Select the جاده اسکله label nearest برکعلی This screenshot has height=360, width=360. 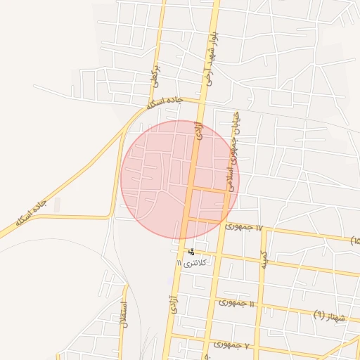pos(165,103)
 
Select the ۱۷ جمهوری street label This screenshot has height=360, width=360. pos(243,227)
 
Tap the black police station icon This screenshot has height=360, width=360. pos(191,252)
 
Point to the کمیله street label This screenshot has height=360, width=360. pos(264,261)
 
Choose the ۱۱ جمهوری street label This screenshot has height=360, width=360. pos(236,302)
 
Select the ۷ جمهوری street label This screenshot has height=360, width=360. pos(232,345)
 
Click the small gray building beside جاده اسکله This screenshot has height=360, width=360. pos(57,205)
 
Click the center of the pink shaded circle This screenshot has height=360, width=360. pos(180,179)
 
